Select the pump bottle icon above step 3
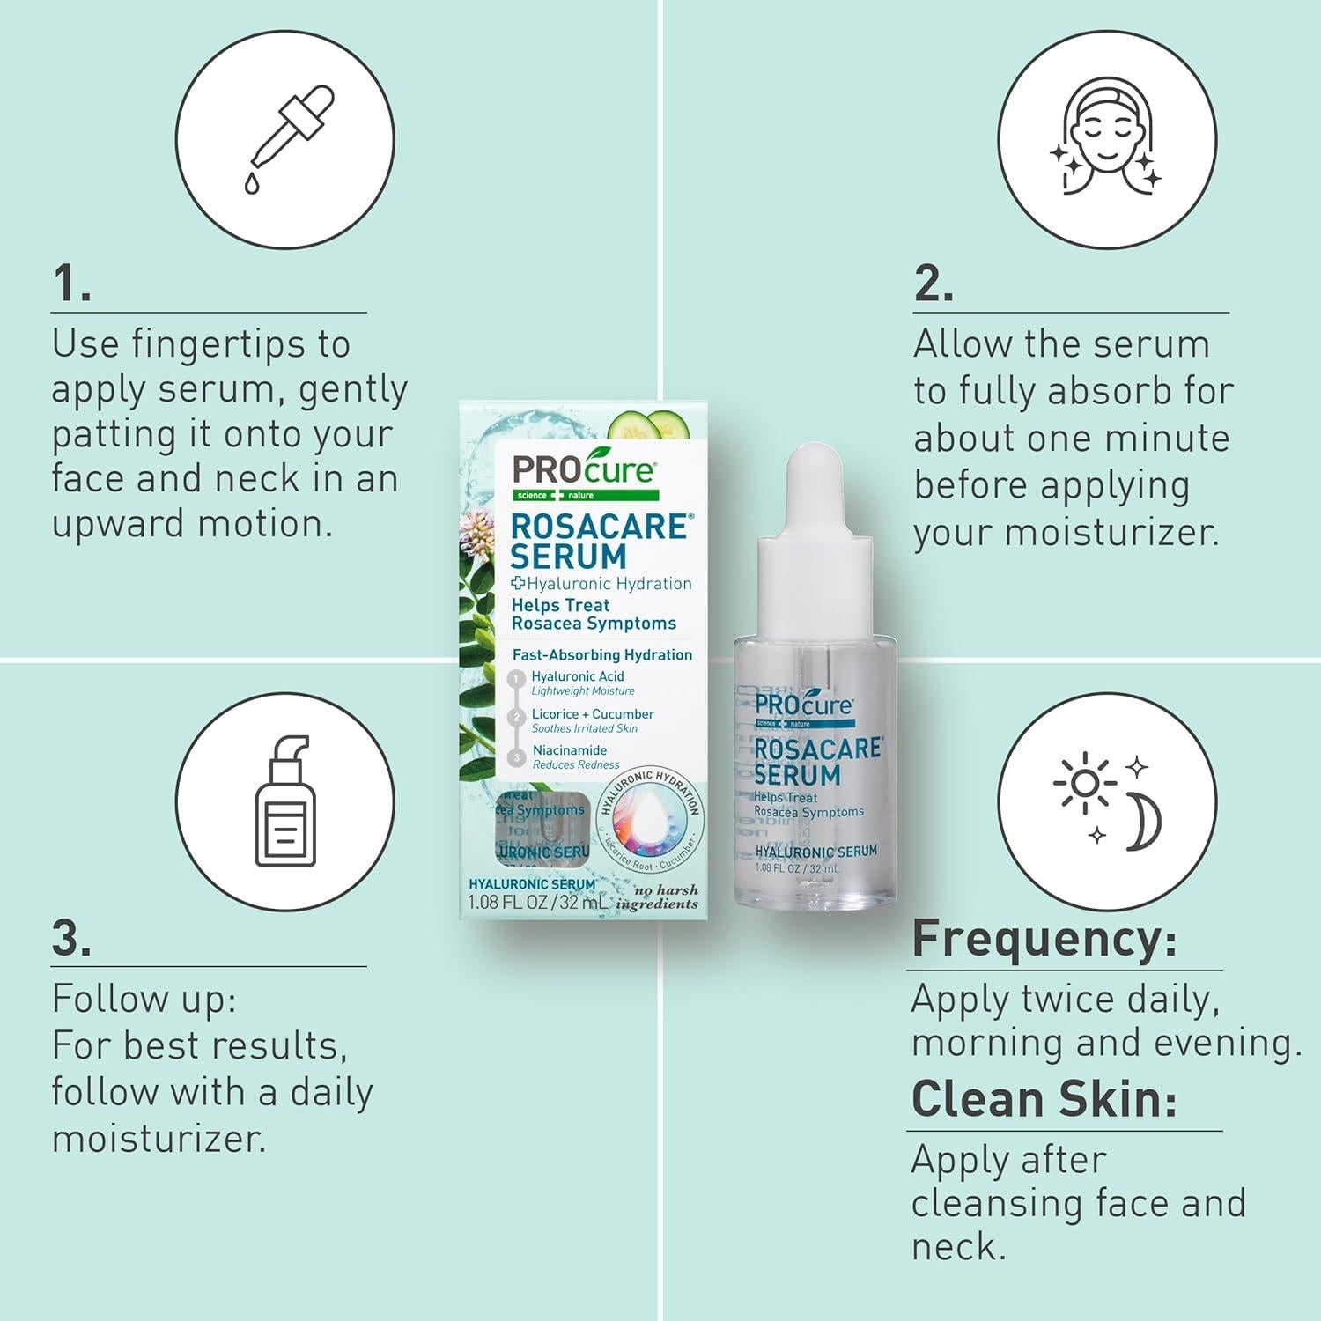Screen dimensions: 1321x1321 tap(284, 801)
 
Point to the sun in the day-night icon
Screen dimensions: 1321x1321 tap(1084, 782)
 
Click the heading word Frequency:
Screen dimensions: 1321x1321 tap(1044, 938)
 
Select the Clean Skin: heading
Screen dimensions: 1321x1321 tap(1044, 1098)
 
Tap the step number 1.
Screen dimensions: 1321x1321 tap(70, 284)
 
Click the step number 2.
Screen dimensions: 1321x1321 tap(934, 284)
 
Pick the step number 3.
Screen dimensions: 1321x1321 tap(70, 938)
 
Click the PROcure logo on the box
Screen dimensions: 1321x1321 tap(584, 470)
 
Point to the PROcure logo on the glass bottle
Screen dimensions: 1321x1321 tap(803, 705)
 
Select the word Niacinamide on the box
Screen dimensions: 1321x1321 tap(570, 750)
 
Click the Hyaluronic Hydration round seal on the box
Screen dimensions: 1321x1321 tap(649, 815)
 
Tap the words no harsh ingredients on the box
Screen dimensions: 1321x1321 tap(658, 897)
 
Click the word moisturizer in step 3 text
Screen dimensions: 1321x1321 tap(159, 1139)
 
